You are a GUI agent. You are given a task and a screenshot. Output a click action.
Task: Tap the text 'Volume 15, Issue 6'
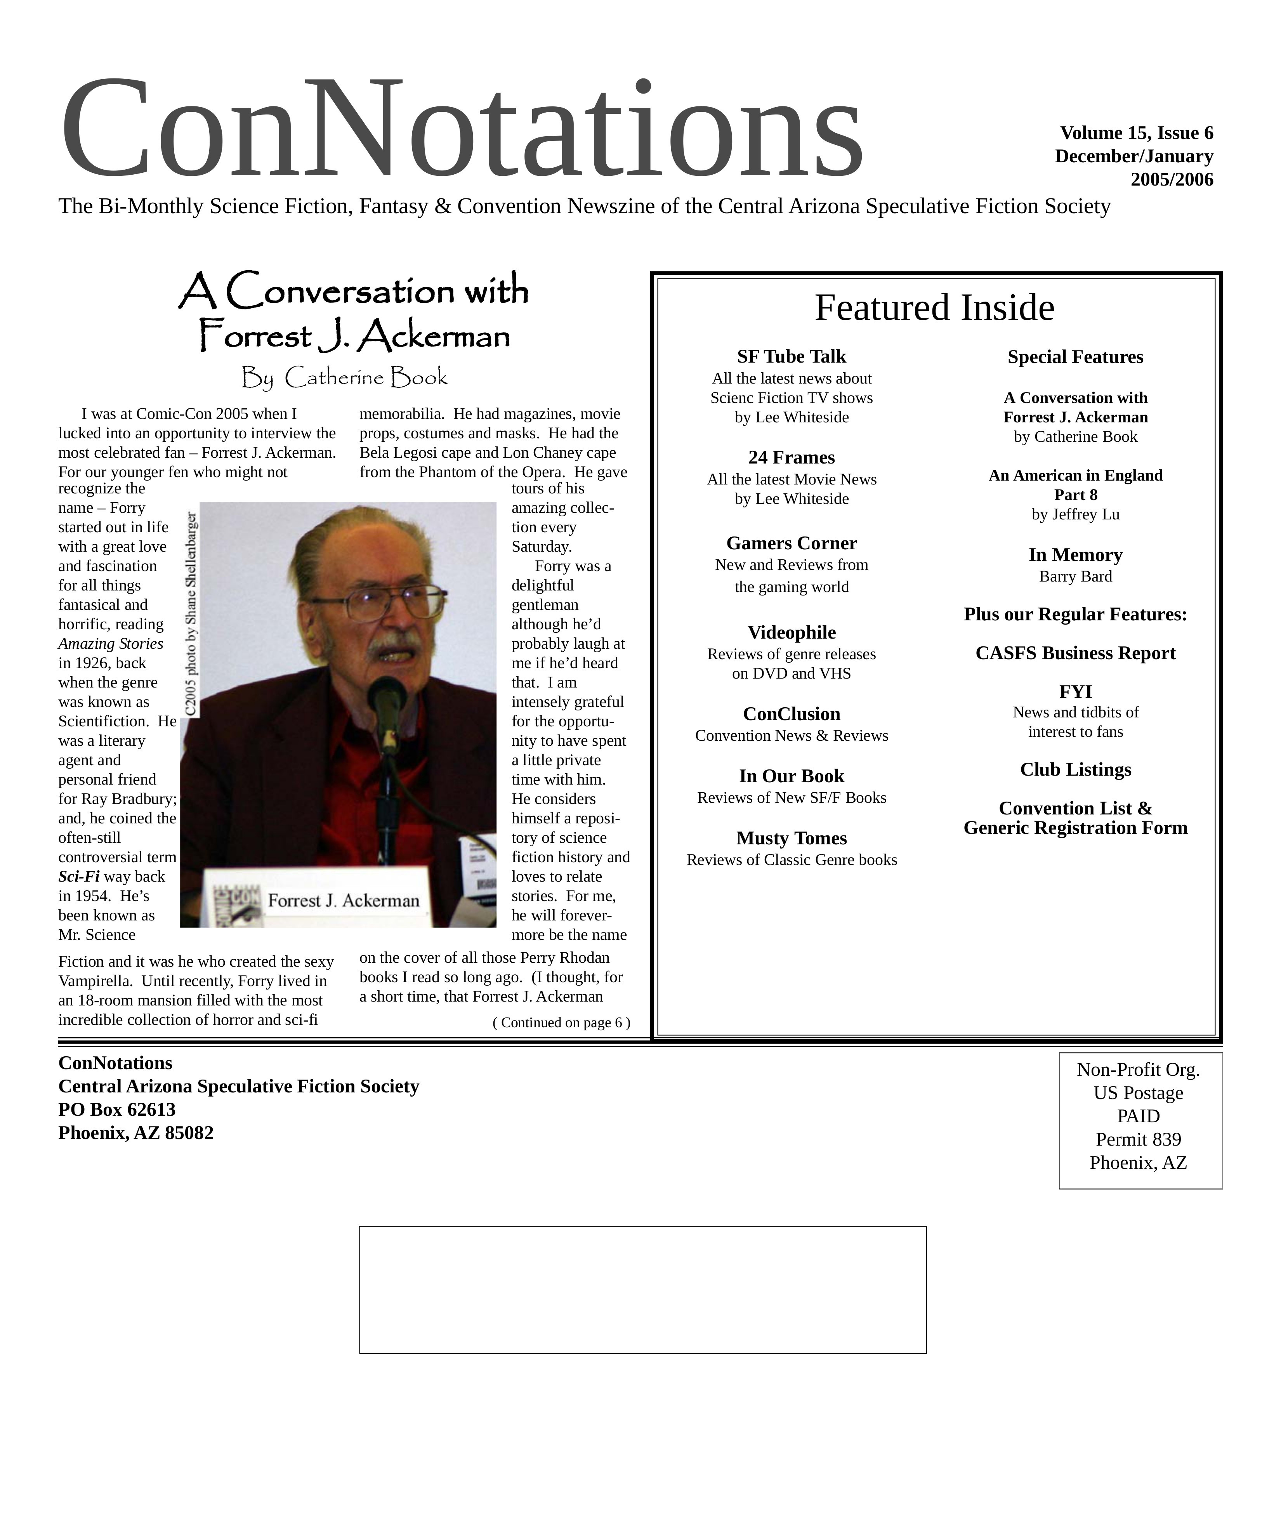[1136, 133]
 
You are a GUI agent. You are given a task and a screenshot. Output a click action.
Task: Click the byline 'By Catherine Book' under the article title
[344, 378]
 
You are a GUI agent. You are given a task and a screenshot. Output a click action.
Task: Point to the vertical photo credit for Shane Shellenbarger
[191, 614]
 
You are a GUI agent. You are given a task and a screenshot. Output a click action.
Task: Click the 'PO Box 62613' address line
[117, 1109]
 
